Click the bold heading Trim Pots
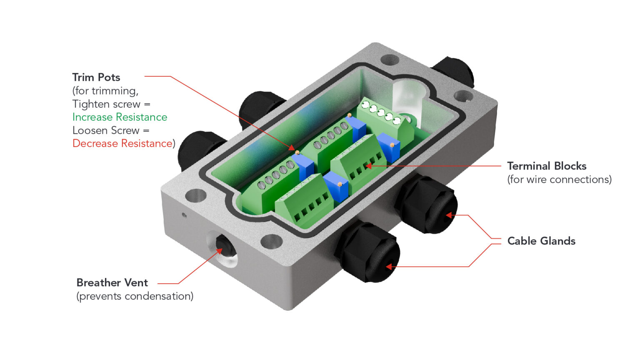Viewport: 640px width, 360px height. pos(96,77)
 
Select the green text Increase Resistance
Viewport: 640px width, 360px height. pos(120,117)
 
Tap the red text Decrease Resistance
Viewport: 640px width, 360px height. pos(122,143)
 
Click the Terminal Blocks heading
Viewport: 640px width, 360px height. pos(547,166)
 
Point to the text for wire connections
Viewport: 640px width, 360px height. pos(559,180)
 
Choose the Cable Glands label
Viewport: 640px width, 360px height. pos(541,241)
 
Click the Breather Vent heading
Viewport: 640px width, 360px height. pos(112,282)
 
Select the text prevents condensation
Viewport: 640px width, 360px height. pos(135,296)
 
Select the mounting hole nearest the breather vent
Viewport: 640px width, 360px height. pos(196,195)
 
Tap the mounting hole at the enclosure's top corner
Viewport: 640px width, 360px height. pos(389,60)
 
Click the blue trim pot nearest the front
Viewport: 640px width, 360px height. pos(336,186)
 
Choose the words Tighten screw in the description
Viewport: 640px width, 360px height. pos(106,104)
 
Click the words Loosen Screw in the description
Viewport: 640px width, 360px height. pos(106,130)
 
